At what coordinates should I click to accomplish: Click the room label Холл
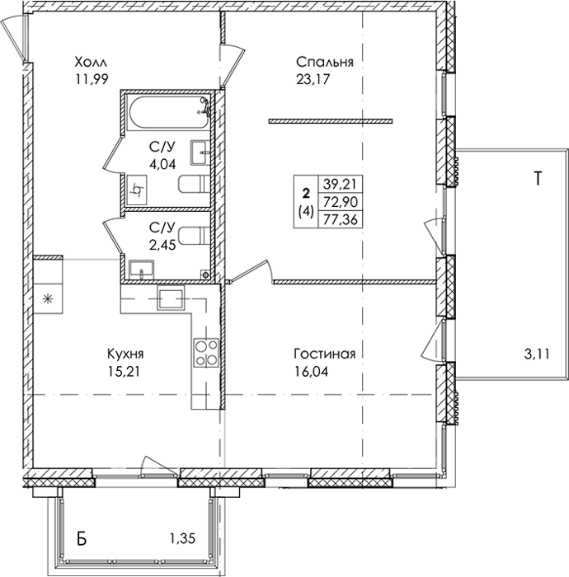91,62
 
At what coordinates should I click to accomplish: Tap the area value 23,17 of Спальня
312,79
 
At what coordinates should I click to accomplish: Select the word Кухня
125,354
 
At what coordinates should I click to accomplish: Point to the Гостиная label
325,354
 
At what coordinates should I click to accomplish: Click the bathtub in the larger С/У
168,111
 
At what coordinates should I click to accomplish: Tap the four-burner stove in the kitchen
206,354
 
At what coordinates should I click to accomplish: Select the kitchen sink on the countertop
172,298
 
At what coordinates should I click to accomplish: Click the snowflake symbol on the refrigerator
47,298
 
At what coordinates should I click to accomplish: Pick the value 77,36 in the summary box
341,220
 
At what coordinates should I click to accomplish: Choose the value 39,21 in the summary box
341,184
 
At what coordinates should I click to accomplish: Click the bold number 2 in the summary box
306,193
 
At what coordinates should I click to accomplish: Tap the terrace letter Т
538,179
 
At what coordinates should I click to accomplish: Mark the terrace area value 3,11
536,354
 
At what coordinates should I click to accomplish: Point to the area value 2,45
162,245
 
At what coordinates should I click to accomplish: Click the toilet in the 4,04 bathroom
194,184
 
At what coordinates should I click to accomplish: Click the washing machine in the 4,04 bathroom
136,190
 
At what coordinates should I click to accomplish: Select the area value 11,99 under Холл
92,79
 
